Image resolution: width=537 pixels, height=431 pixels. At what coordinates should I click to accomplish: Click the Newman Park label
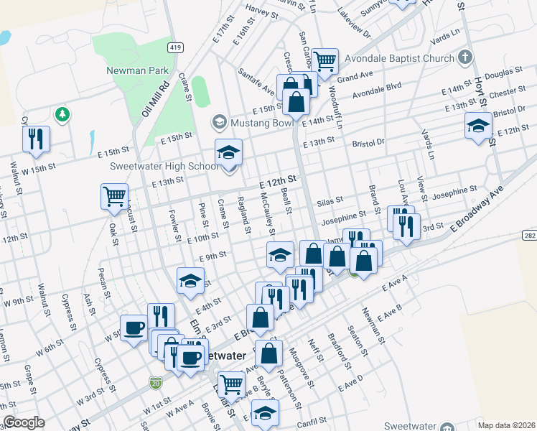point(137,70)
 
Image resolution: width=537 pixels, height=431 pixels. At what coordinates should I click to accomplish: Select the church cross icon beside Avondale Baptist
point(464,57)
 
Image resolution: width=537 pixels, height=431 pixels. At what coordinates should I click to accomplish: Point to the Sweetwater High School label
point(164,167)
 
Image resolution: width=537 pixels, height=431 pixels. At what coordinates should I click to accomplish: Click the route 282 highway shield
point(528,236)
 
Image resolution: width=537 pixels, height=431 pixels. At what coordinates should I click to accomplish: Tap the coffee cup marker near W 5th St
point(134,328)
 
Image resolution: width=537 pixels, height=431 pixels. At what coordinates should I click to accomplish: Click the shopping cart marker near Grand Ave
point(325,60)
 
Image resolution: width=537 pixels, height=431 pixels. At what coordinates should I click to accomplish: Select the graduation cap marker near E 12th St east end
point(478,126)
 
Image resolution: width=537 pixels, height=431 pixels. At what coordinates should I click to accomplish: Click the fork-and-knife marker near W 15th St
point(36,139)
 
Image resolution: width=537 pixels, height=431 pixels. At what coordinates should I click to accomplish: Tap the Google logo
point(24,422)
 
